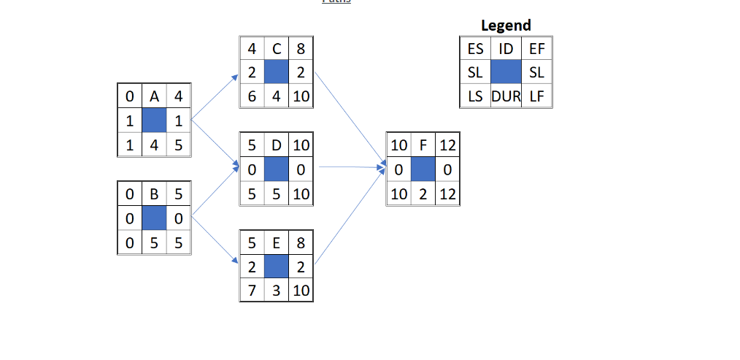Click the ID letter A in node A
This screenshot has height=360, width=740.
click(154, 96)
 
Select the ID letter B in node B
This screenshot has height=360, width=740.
click(154, 195)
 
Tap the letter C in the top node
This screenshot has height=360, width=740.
click(277, 49)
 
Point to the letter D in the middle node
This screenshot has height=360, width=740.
click(277, 145)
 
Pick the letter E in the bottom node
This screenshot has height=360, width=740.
click(277, 243)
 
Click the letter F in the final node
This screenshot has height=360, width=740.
click(423, 145)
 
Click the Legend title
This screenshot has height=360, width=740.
click(506, 26)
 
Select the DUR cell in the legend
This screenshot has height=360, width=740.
click(506, 96)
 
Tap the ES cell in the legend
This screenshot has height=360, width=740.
click(475, 49)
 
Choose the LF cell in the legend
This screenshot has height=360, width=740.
click(537, 96)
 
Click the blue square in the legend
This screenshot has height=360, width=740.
click(506, 72)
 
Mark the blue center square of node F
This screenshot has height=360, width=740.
click(423, 169)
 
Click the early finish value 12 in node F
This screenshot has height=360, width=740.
click(447, 145)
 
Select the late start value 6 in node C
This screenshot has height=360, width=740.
click(252, 96)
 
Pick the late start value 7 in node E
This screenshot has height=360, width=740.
click(252, 291)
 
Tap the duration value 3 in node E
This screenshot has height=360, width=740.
click(277, 291)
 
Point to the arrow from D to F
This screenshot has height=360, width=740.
click(350, 167)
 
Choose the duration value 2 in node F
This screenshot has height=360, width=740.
click(423, 194)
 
